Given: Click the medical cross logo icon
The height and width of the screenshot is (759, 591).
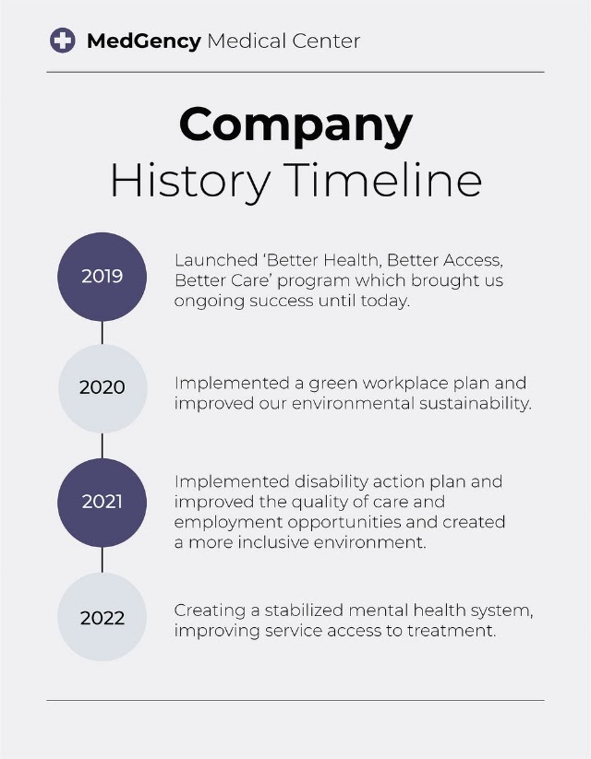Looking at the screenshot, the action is pyautogui.click(x=63, y=41).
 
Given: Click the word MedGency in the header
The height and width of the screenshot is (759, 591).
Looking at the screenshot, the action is pyautogui.click(x=143, y=42).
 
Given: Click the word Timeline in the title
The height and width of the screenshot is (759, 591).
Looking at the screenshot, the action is pyautogui.click(x=382, y=180).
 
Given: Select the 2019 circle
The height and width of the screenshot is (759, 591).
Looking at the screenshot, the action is pyautogui.click(x=103, y=277).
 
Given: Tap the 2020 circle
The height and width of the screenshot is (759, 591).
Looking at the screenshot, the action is pyautogui.click(x=103, y=388).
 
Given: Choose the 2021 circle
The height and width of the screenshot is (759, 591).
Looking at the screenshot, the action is pyautogui.click(x=103, y=503).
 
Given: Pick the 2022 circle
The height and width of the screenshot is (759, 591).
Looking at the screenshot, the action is pyautogui.click(x=103, y=617).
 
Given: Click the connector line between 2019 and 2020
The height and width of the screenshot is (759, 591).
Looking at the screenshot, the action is pyautogui.click(x=103, y=333).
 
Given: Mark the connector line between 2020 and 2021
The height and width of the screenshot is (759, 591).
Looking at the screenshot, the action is pyautogui.click(x=103, y=445).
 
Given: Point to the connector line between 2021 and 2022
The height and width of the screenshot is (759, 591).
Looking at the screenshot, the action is pyautogui.click(x=103, y=560).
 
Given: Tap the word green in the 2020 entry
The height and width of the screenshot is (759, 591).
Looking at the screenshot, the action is pyautogui.click(x=333, y=385).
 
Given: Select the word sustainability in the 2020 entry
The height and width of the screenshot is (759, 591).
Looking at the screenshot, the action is pyautogui.click(x=476, y=404).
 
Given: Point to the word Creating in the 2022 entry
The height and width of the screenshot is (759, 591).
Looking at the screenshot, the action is pyautogui.click(x=210, y=611).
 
